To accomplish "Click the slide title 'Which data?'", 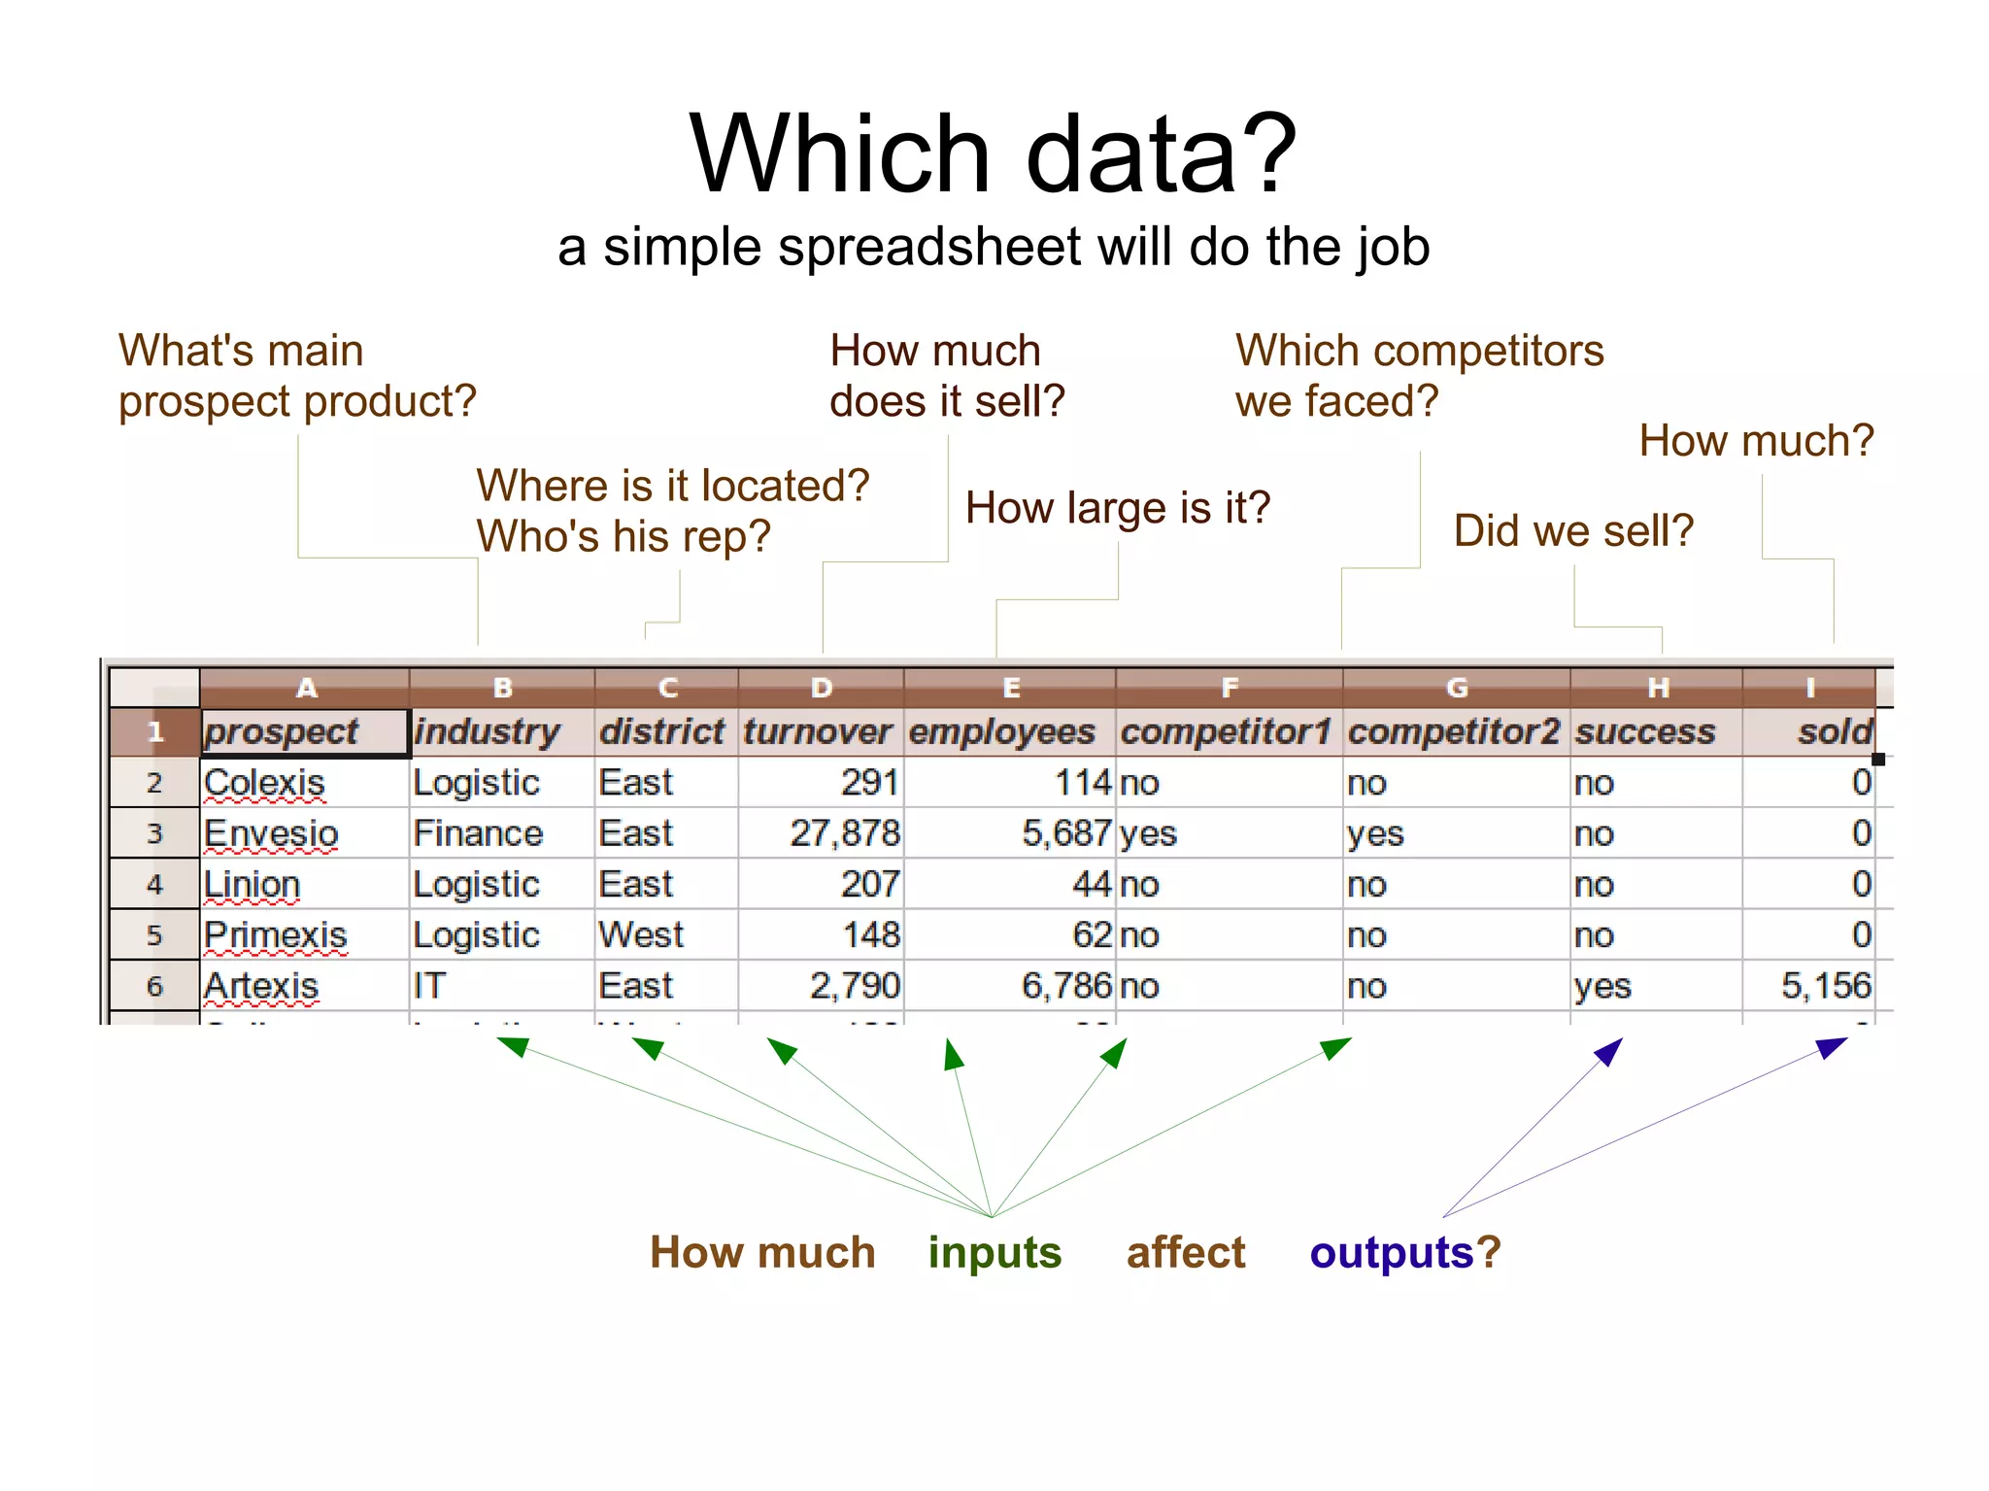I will coord(993,153).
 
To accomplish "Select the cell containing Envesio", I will coord(271,833).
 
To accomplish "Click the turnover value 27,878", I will coord(844,833).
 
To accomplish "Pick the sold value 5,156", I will coord(1825,986).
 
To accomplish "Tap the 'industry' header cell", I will coord(487,731).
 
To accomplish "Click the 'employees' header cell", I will coord(1001,731).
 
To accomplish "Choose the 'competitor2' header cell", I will coord(1453,731).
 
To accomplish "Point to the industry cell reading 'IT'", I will coord(429,986).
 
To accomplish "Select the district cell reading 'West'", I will coord(641,934).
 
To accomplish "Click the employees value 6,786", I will coord(1065,986).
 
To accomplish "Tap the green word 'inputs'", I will coord(994,1252).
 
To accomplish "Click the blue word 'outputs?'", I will coord(1404,1252).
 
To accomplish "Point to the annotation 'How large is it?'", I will coord(1117,508).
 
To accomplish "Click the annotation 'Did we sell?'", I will coord(1573,530).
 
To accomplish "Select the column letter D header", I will coord(822,688).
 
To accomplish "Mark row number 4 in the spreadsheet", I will coord(154,884).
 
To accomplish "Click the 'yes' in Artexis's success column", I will coord(1602,986).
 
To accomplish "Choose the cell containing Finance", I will coord(478,833).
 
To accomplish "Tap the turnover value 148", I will coord(871,934).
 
